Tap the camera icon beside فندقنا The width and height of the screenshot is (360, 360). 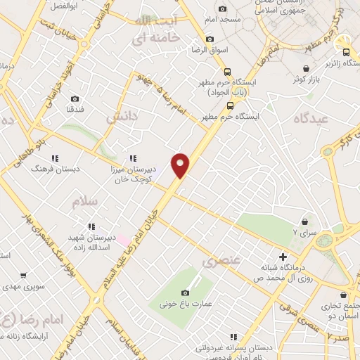pyautogui.click(x=75, y=99)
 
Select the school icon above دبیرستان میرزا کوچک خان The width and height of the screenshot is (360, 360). pyautogui.click(x=132, y=158)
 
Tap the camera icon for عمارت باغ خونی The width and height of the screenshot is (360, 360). pyautogui.click(x=186, y=292)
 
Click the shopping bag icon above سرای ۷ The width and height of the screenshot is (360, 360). pyautogui.click(x=304, y=221)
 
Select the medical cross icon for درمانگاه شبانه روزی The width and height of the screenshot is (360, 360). pyautogui.click(x=283, y=257)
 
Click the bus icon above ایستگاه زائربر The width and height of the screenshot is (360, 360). pyautogui.click(x=345, y=51)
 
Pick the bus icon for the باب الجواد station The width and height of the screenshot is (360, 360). pyautogui.click(x=227, y=72)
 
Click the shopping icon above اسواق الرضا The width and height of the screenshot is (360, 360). pyautogui.click(x=209, y=39)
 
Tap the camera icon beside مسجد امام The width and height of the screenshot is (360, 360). pyautogui.click(x=223, y=9)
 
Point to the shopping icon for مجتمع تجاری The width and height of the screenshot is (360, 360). pyautogui.click(x=342, y=295)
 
